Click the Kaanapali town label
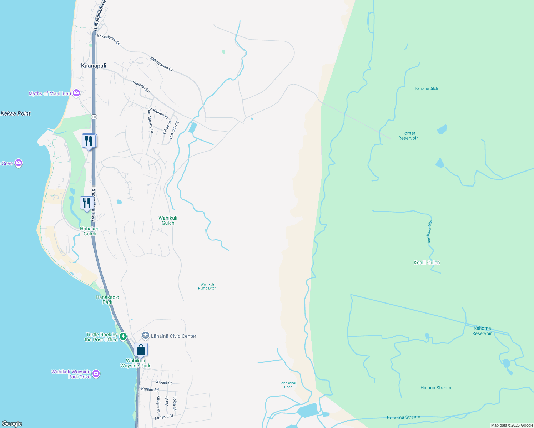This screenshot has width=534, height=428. pyautogui.click(x=94, y=66)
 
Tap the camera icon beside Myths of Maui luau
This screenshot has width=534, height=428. pyautogui.click(x=76, y=93)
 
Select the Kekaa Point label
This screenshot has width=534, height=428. pyautogui.click(x=16, y=113)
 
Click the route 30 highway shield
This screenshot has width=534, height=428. pyautogui.click(x=94, y=117)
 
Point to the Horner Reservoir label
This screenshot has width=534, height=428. pyautogui.click(x=408, y=136)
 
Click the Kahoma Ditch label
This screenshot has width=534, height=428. pyautogui.click(x=427, y=88)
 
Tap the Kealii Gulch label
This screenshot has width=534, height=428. pyautogui.click(x=427, y=263)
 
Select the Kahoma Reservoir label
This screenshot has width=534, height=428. pyautogui.click(x=482, y=331)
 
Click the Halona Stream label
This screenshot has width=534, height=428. pyautogui.click(x=435, y=388)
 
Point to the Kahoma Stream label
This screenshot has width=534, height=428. pyautogui.click(x=403, y=417)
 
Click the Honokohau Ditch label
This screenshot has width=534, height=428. pyautogui.click(x=288, y=385)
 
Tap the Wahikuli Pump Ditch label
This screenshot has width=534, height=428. pyautogui.click(x=207, y=286)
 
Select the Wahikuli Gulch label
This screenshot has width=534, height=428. pyautogui.click(x=168, y=220)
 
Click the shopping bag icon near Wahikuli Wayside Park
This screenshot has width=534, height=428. pyautogui.click(x=141, y=350)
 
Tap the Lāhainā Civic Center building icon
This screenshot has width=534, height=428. pyautogui.click(x=145, y=336)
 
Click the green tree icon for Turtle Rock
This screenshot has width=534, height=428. pyautogui.click(x=123, y=336)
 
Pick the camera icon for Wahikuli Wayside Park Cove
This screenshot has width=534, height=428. pyautogui.click(x=96, y=373)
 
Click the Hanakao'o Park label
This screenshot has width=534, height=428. pyautogui.click(x=107, y=300)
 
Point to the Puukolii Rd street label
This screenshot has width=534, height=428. pyautogui.click(x=141, y=87)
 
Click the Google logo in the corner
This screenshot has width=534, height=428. pyautogui.click(x=12, y=424)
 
